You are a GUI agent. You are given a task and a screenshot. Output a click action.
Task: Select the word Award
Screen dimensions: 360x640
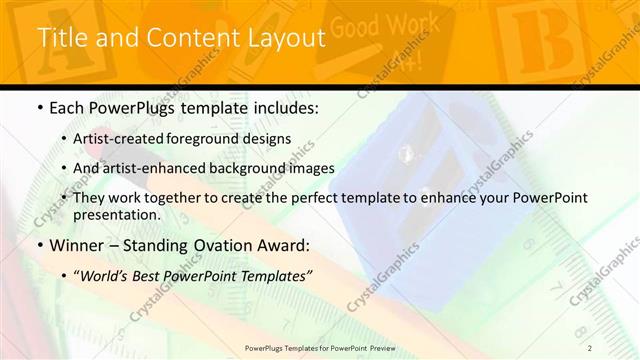click(x=285, y=244)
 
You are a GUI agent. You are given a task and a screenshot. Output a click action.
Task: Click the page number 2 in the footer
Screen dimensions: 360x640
click(x=590, y=348)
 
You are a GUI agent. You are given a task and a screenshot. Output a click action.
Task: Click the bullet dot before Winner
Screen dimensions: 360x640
click(x=39, y=245)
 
